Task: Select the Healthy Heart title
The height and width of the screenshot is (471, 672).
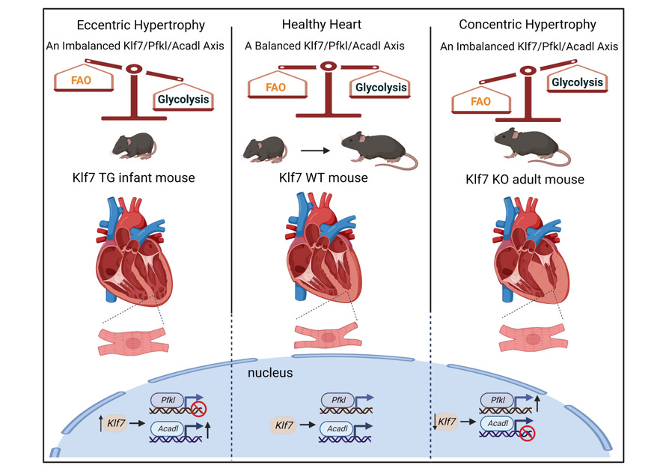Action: (325, 24)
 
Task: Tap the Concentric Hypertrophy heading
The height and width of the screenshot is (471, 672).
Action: (528, 24)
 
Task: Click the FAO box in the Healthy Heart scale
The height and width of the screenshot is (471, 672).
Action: (278, 88)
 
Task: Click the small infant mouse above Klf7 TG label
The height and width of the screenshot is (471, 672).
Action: (133, 145)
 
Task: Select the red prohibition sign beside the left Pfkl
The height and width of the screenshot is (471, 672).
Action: (198, 409)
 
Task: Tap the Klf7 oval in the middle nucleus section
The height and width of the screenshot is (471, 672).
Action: (284, 425)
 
